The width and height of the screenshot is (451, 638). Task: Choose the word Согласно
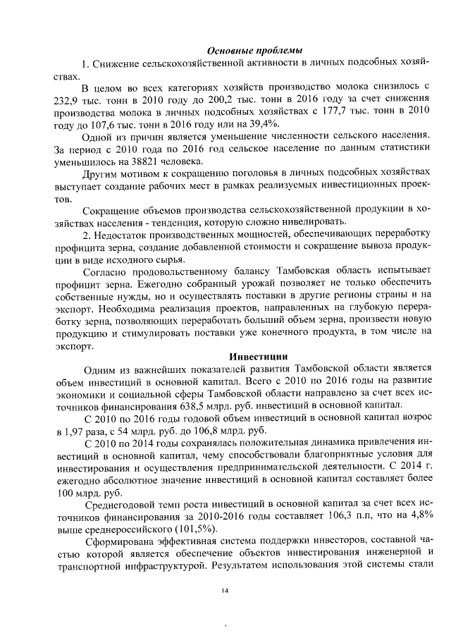tap(105, 271)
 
